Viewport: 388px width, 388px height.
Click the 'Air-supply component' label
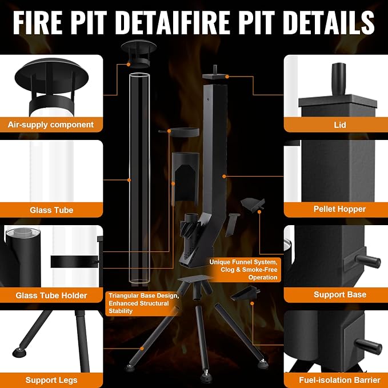(51, 125)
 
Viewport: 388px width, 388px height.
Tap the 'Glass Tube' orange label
(51, 210)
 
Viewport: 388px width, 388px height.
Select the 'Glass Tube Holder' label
(51, 295)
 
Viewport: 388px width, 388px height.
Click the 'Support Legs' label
(51, 380)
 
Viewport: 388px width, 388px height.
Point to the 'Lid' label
(340, 125)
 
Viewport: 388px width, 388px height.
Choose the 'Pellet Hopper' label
(339, 209)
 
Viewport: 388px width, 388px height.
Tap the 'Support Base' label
(340, 294)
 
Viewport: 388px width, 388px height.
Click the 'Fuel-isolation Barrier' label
(339, 380)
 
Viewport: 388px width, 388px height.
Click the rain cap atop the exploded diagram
(138, 54)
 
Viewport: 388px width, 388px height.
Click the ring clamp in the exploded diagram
(183, 133)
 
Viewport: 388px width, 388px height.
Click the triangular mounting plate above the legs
(195, 278)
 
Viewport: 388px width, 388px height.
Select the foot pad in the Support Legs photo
(19, 353)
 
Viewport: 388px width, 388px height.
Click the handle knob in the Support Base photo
(368, 261)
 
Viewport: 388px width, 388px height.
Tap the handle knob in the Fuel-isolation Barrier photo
(369, 347)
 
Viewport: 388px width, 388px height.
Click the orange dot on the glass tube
(129, 180)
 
